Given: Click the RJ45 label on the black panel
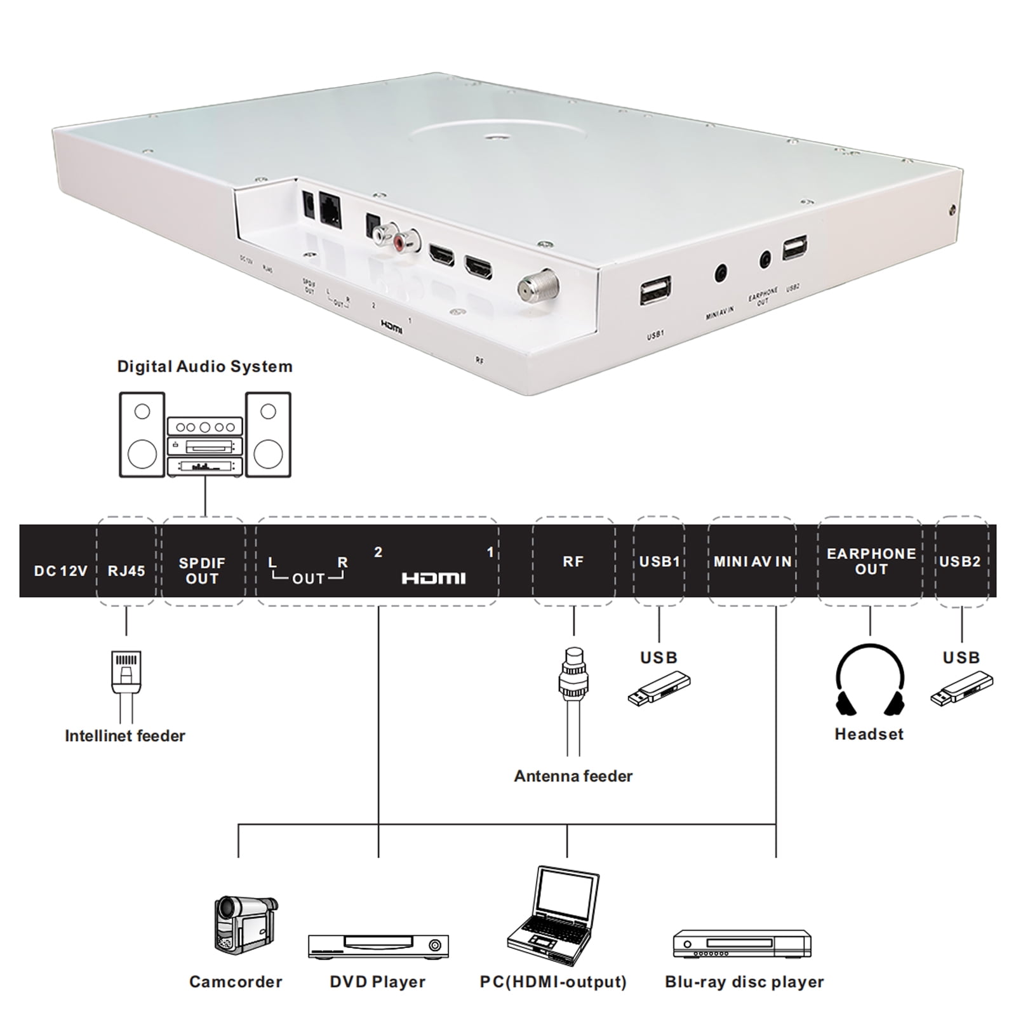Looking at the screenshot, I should click(x=126, y=570).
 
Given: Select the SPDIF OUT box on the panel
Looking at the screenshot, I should click(x=202, y=570).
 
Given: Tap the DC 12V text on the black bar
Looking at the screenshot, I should click(x=60, y=571).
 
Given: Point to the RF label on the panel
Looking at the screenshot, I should click(x=573, y=561).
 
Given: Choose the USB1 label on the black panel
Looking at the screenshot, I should click(x=659, y=561).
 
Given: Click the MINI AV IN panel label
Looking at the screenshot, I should click(x=752, y=561).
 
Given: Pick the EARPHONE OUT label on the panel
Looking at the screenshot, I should click(x=871, y=561).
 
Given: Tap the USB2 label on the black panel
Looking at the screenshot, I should click(x=959, y=561).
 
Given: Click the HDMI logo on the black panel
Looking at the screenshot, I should click(x=434, y=578).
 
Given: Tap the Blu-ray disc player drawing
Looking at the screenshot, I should click(x=742, y=944).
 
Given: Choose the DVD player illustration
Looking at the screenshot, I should click(x=378, y=946).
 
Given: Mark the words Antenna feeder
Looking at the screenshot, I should click(x=573, y=776).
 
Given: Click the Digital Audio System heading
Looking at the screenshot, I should click(x=204, y=366).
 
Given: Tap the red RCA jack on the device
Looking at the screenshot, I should click(x=402, y=241).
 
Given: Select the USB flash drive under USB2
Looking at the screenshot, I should click(x=961, y=690).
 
